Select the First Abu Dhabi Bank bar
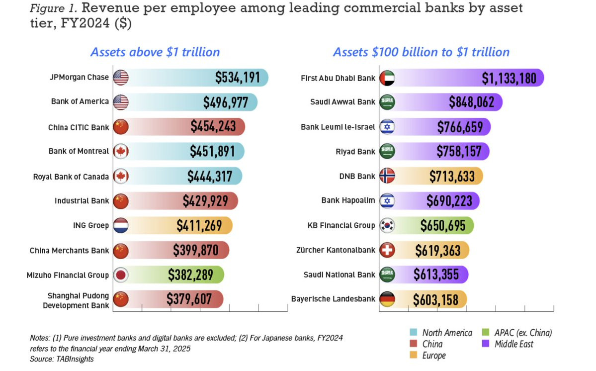462,78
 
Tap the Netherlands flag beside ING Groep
121,225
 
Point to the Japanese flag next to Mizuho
121,275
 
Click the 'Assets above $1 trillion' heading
155,52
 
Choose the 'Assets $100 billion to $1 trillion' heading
421,52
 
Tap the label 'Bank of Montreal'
79,151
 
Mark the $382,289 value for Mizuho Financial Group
190,275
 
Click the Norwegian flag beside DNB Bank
387,176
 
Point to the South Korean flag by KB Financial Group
387,225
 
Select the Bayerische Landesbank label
333,299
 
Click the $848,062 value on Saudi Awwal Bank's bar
472,102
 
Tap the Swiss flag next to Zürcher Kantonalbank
387,250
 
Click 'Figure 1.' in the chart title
52,8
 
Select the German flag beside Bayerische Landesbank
387,299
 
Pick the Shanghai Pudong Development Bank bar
169,299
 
